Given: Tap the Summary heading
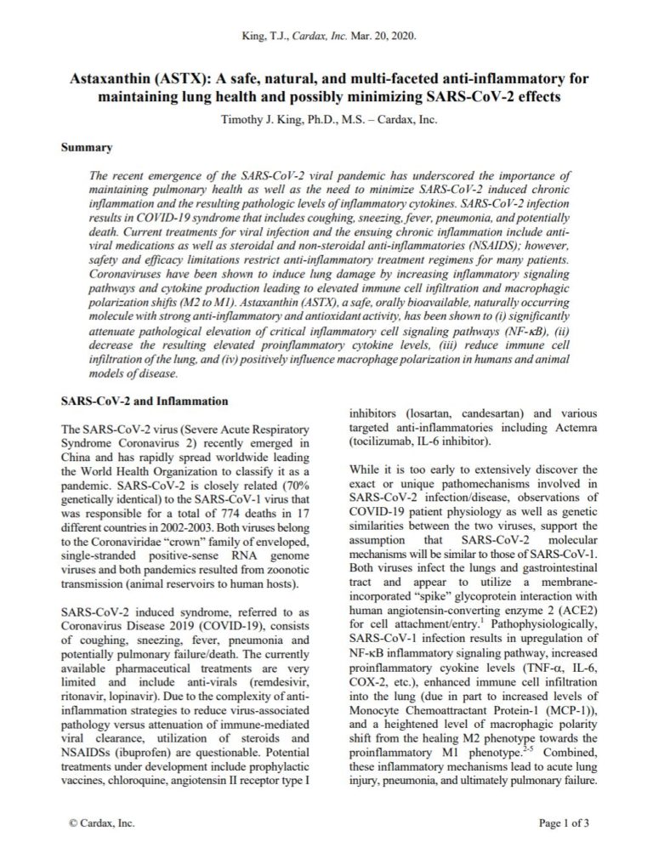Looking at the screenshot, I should (88, 147).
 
